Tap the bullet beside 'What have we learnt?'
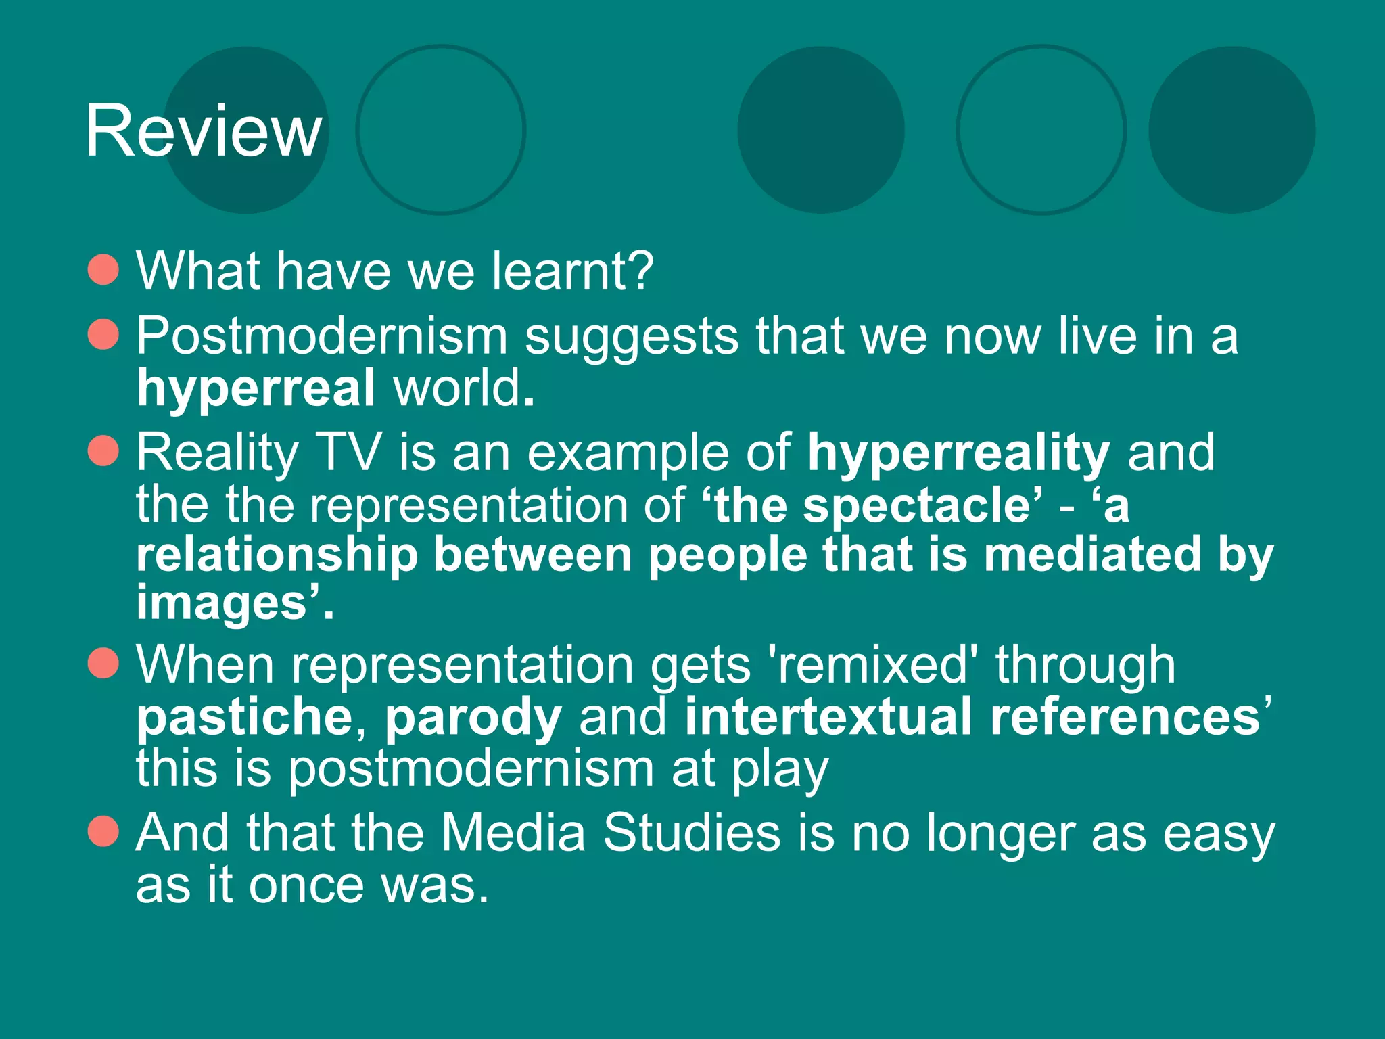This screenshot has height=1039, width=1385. coord(103,270)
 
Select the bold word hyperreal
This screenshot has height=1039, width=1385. coord(256,388)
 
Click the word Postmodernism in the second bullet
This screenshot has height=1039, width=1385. coord(322,336)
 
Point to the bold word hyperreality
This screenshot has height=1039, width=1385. coord(958,453)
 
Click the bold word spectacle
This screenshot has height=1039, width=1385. coord(917,505)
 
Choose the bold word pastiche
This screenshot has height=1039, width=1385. coord(244,717)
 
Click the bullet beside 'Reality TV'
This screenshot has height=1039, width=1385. coord(103,451)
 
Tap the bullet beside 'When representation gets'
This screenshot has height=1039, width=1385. coord(103,663)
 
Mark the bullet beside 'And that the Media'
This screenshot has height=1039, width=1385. coord(103,831)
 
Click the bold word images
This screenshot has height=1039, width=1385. coord(222,603)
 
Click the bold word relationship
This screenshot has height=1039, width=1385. coord(277,555)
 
